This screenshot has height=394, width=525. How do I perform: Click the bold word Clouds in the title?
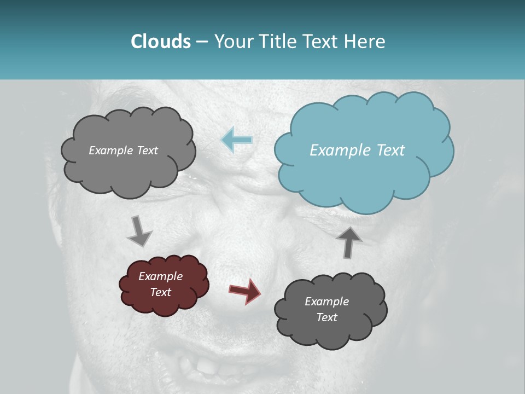[x=160, y=42]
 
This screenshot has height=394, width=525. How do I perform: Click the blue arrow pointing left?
[x=237, y=140]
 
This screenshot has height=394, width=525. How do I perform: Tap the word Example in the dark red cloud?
[x=160, y=276]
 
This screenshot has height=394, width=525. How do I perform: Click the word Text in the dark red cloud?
[x=160, y=292]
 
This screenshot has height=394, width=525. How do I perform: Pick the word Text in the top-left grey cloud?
[x=147, y=150]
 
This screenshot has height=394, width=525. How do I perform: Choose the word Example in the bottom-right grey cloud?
[x=326, y=302]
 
